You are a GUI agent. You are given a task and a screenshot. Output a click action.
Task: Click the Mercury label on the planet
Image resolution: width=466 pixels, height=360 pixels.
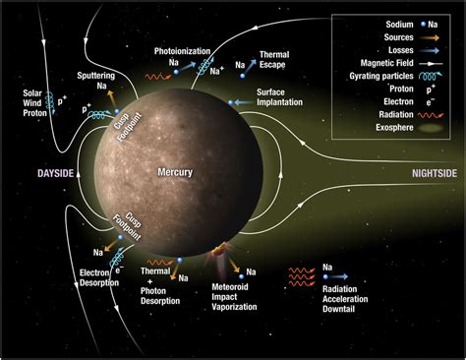click(175, 172)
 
